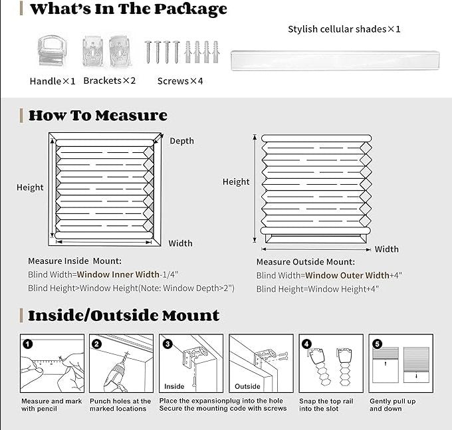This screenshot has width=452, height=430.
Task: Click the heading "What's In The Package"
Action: point(128,9)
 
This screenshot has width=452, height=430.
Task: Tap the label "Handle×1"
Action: point(53,81)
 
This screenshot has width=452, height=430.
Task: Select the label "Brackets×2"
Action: point(110,80)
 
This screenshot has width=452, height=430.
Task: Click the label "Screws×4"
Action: point(180,81)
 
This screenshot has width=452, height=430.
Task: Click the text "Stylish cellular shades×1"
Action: point(344,29)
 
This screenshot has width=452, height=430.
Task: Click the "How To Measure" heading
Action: point(98,116)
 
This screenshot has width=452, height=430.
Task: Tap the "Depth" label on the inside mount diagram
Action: point(181,141)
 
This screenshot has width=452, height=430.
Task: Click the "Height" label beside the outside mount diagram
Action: point(236,181)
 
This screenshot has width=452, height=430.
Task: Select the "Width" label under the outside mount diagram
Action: point(386,249)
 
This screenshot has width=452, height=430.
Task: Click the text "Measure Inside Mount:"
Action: point(74,261)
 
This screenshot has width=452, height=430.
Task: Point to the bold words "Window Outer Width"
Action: point(347,275)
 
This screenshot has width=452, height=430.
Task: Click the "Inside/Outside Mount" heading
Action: point(124,315)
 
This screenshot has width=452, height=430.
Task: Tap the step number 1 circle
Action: point(27,344)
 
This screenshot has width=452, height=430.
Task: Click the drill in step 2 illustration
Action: point(114,372)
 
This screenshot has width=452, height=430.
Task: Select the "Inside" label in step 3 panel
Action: point(174,386)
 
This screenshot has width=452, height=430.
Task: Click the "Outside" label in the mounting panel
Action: point(247,386)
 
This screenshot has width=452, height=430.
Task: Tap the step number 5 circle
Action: point(377,344)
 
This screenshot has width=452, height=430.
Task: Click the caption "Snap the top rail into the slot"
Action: point(325,405)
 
